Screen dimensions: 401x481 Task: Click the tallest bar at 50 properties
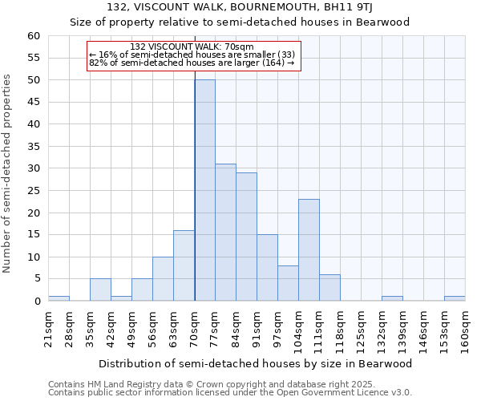[x=204, y=190]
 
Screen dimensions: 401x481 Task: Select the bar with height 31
[x=225, y=233]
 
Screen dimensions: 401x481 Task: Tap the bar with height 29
[x=246, y=237]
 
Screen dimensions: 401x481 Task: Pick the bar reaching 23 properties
[x=309, y=249]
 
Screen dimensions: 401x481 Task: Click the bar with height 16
[x=184, y=265]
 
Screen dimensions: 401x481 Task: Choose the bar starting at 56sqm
[x=163, y=278]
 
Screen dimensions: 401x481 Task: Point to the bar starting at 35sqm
[x=100, y=290]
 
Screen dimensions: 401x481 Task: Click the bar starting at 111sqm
[x=329, y=287]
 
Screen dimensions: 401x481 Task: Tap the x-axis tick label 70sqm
[x=195, y=328]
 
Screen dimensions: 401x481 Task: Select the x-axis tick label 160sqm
[x=465, y=328]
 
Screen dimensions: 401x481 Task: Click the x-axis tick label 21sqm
[x=49, y=328]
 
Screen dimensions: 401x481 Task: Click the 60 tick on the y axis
[x=34, y=36]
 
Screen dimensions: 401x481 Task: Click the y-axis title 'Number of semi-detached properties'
[x=7, y=172]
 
